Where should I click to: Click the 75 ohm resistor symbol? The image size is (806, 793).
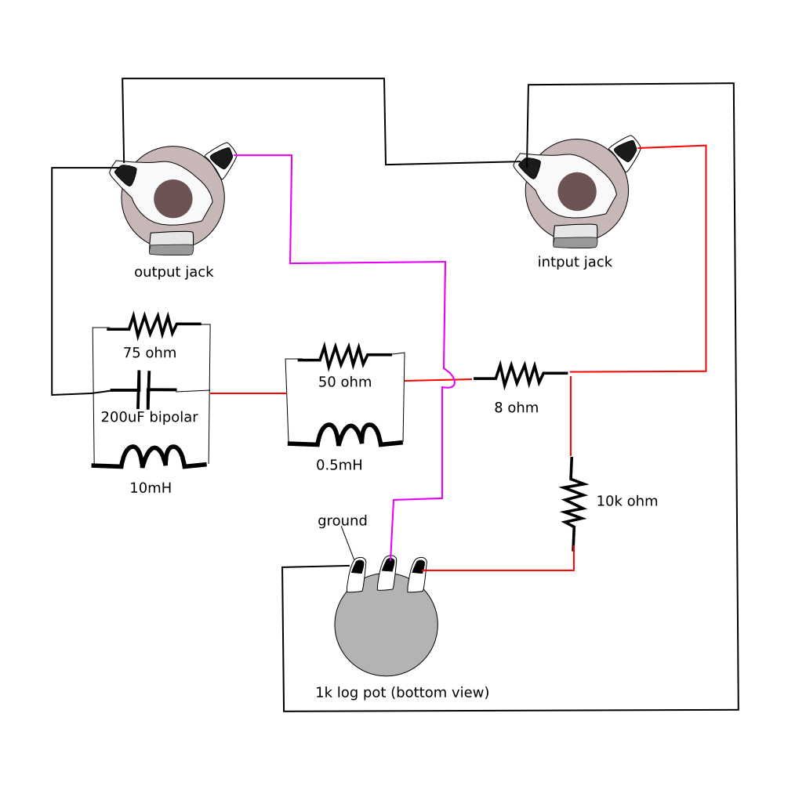click(152, 323)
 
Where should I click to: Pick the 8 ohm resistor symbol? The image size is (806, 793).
click(517, 374)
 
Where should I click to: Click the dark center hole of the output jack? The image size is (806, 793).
click(173, 198)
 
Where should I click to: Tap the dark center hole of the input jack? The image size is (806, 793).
click(576, 191)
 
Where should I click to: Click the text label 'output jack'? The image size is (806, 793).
click(174, 273)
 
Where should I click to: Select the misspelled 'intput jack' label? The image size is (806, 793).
click(575, 262)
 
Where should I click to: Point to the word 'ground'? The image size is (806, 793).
click(342, 521)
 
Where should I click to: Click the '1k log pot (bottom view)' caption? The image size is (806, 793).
click(402, 693)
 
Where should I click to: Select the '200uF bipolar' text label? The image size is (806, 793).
click(149, 417)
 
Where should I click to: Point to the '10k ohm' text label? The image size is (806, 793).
click(626, 501)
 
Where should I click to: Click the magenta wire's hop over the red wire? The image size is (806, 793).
click(449, 378)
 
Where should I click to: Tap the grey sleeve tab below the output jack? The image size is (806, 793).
click(172, 244)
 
